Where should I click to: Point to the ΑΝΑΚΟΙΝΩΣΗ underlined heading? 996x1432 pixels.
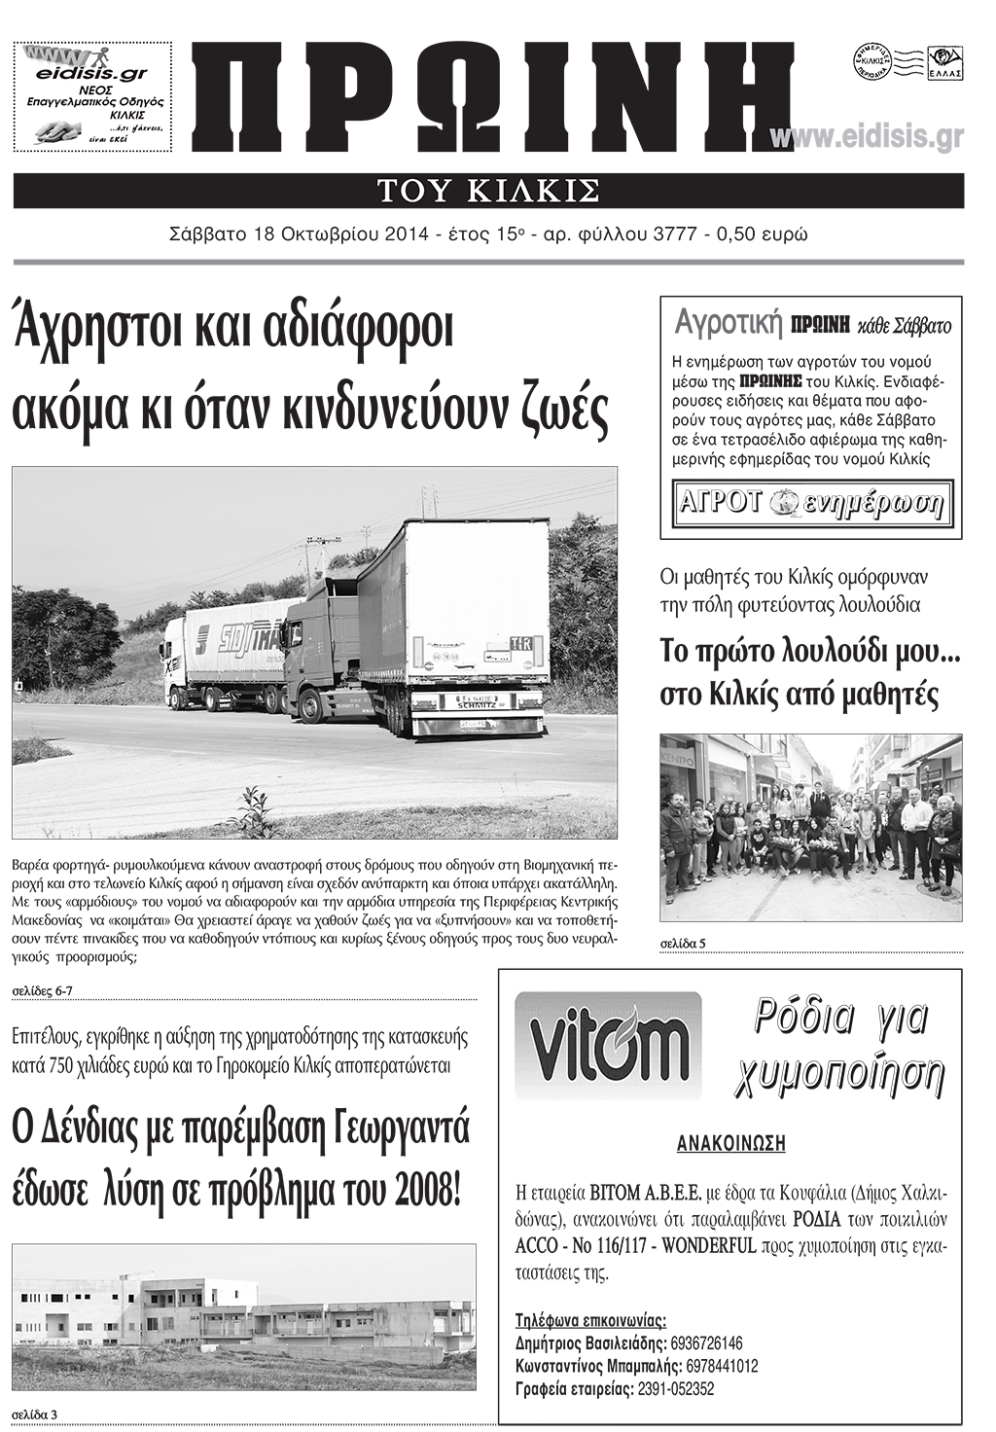[730, 1143]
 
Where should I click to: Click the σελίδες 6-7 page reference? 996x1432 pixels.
[43, 991]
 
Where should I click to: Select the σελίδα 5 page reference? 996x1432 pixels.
[682, 943]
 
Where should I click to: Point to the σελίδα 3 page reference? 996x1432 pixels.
[35, 1414]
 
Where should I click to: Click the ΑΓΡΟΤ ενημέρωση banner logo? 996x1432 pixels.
[811, 504]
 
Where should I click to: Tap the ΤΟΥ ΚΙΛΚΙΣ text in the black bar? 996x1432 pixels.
[488, 191]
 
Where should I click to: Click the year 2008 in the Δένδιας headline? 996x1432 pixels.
[421, 1188]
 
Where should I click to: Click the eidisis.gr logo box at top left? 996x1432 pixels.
[93, 96]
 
